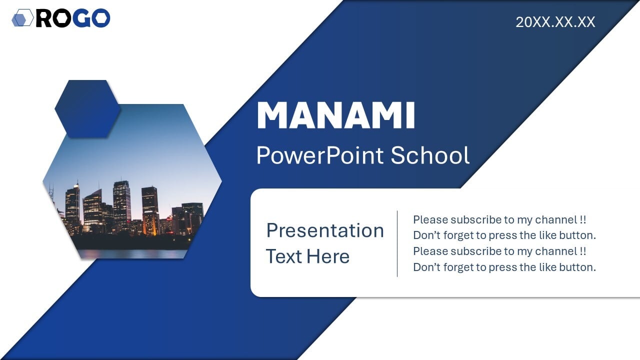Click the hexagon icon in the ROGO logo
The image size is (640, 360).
pos(23,17)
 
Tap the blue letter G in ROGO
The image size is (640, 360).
pos(82,18)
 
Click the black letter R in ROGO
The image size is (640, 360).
pos(44,18)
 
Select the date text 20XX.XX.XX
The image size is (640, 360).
pos(555,22)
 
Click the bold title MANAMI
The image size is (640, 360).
pos(335,115)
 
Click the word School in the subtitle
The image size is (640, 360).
pos(430,155)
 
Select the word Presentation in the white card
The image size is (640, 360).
pos(325,230)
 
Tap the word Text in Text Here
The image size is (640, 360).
pos(284,256)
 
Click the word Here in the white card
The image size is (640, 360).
pos(328,256)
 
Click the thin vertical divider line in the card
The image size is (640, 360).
pos(397,243)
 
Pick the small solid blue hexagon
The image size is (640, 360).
pos(87,109)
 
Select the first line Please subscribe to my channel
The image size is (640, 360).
pos(499,219)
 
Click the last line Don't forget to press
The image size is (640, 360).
pos(504,267)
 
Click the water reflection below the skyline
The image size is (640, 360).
pos(133,253)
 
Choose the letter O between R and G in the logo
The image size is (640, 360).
pos(62,18)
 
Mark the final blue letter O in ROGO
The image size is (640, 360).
pos(101,18)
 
